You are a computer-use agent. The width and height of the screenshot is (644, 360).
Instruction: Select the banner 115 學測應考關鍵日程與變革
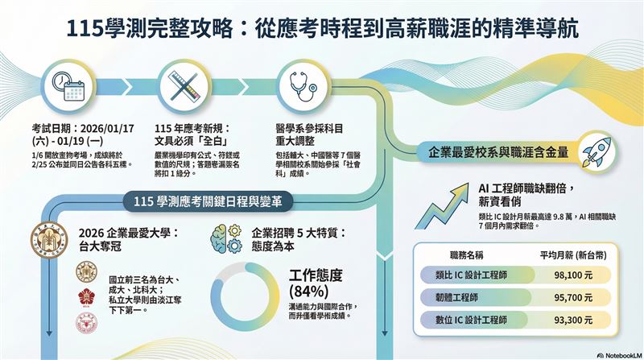tap(208, 200)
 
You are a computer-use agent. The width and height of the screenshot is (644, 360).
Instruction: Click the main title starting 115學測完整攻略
tap(322, 28)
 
